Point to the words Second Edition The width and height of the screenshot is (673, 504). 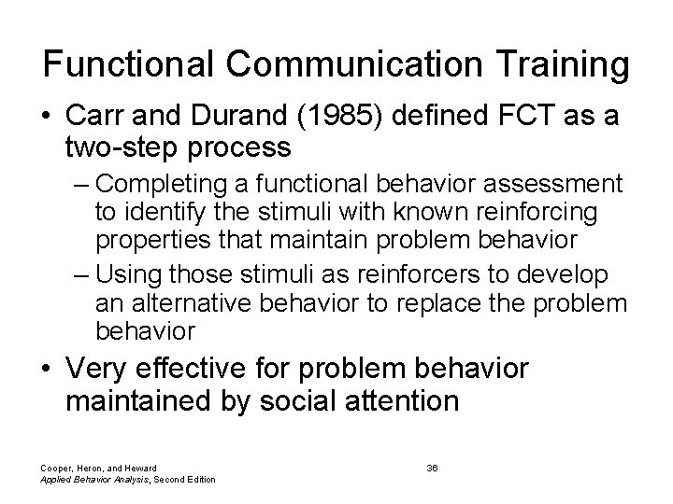pyautogui.click(x=182, y=480)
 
